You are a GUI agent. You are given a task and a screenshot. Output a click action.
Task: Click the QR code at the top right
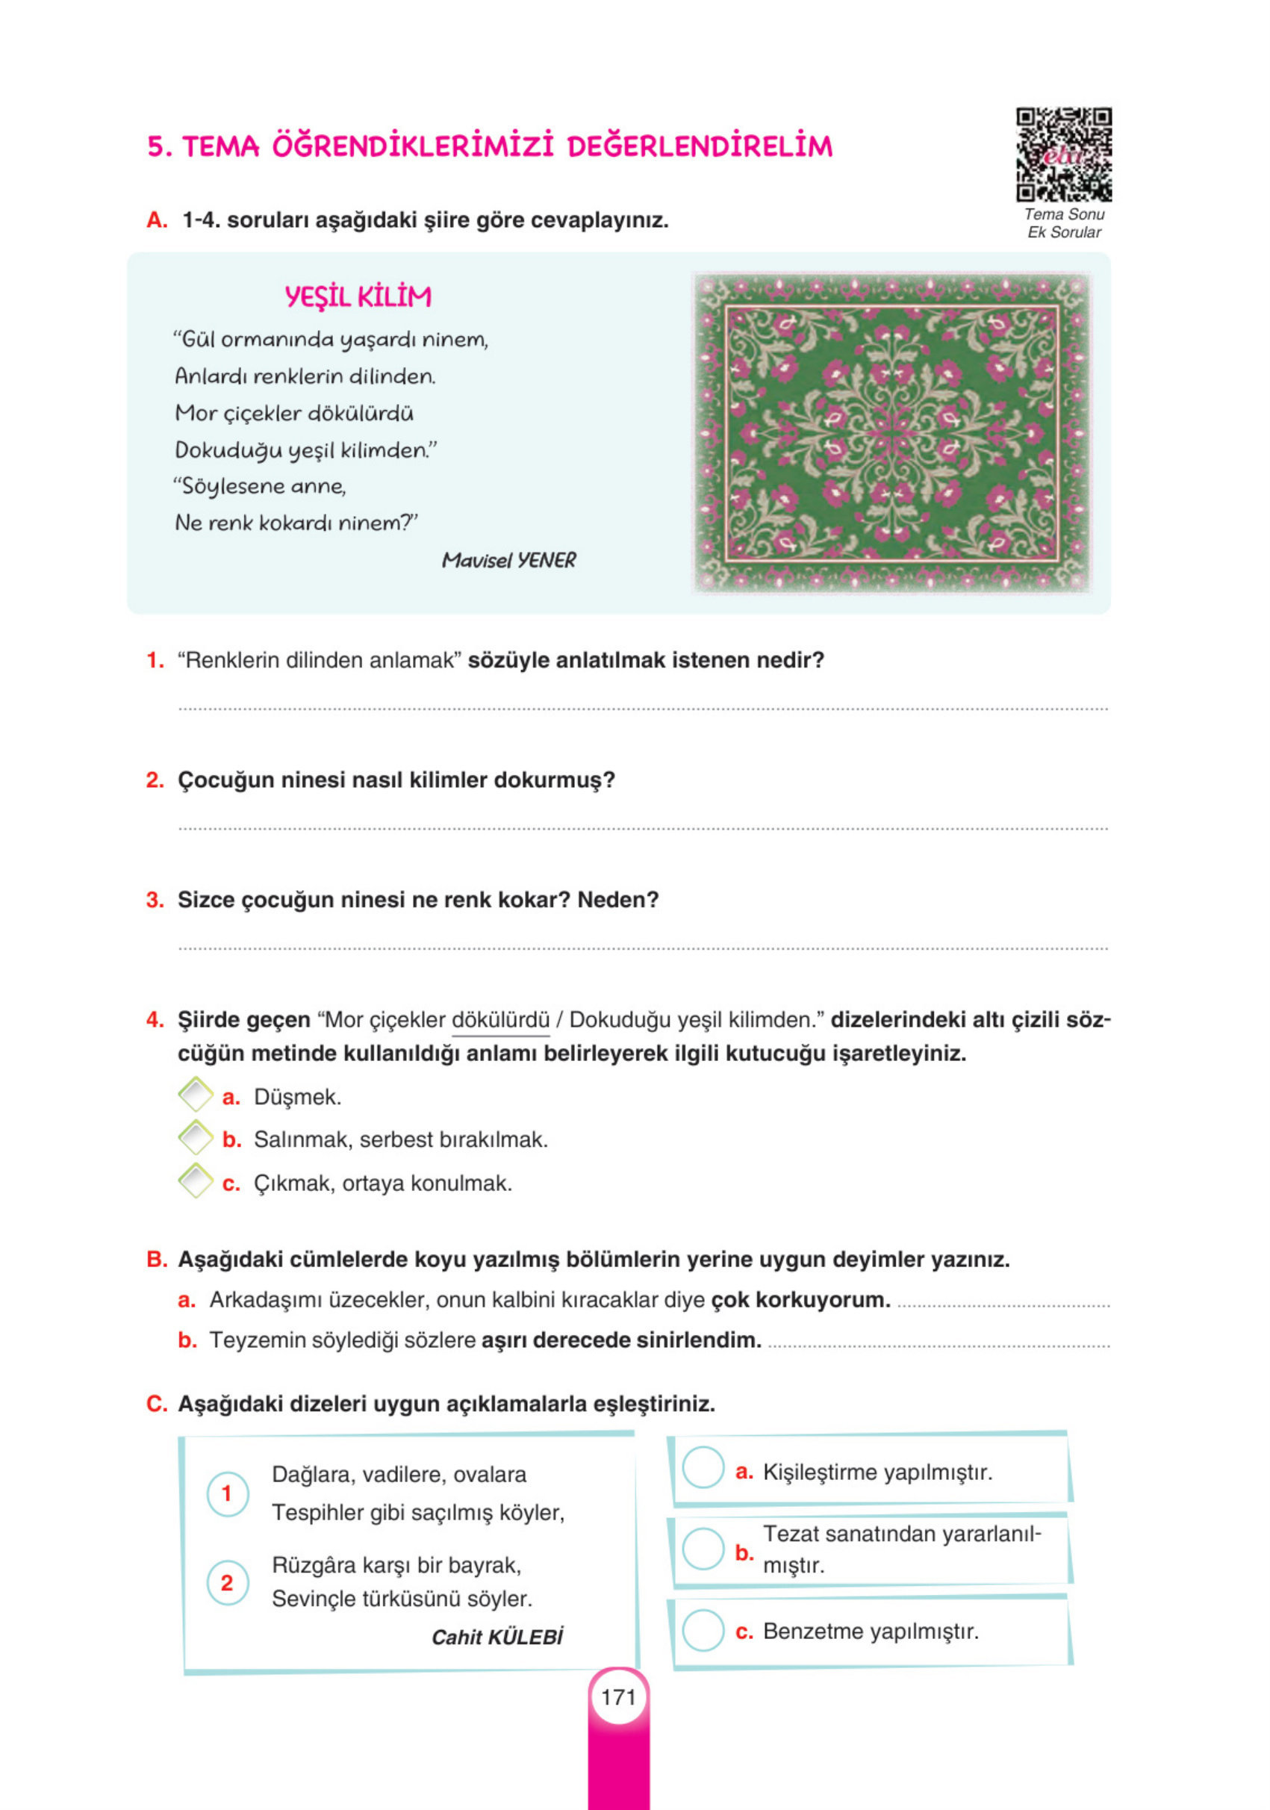point(1062,155)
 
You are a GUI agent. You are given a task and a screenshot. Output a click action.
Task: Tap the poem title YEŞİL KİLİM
point(358,296)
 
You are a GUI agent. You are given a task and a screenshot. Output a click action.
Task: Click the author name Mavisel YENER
point(508,560)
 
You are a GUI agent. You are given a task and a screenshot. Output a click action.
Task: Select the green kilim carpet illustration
point(891,432)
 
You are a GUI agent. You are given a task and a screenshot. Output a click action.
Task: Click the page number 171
point(618,1697)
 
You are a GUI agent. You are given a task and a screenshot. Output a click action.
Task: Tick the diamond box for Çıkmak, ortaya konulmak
point(196,1181)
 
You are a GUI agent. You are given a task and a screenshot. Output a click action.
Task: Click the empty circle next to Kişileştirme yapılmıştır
point(703,1467)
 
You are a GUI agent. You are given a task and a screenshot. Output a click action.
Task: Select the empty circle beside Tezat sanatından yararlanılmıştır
point(703,1548)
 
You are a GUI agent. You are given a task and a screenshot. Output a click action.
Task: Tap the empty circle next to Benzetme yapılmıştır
point(703,1629)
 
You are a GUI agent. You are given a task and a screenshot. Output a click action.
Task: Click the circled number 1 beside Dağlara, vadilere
point(227,1493)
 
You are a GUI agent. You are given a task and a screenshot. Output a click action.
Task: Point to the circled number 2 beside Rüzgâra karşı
point(227,1583)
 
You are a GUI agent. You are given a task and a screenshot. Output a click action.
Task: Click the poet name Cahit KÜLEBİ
point(497,1638)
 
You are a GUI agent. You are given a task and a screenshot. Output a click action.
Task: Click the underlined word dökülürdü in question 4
point(499,1020)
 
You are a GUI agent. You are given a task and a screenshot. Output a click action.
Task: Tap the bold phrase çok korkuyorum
point(800,1300)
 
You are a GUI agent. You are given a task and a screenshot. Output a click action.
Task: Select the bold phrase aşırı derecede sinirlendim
point(621,1340)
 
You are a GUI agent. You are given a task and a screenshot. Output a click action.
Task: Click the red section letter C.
point(156,1404)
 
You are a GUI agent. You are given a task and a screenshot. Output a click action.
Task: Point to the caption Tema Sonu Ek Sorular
point(1063,223)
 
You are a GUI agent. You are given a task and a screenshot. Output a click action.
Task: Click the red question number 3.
point(155,900)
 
